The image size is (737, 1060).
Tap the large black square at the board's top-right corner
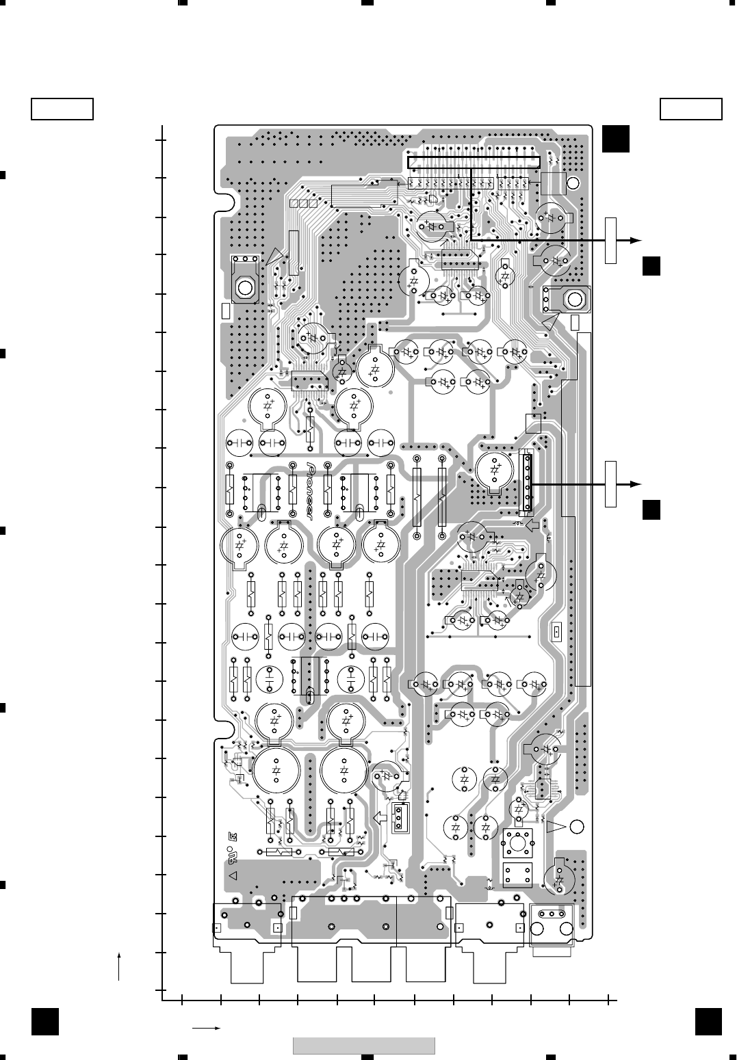616,139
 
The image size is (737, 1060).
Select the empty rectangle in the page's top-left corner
62,109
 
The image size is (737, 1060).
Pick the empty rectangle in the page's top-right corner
691,109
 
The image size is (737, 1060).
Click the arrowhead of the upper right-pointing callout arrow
636,239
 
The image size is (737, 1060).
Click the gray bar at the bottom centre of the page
364,1046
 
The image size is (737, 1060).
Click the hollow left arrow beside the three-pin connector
380,817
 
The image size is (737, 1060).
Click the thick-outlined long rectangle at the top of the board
474,162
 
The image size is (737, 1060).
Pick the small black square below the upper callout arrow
651,266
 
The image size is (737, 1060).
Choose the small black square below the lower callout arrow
651,510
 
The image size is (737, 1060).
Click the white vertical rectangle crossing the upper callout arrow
610,240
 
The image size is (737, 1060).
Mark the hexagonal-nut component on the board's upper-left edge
244,285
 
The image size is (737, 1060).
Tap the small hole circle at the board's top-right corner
572,183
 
